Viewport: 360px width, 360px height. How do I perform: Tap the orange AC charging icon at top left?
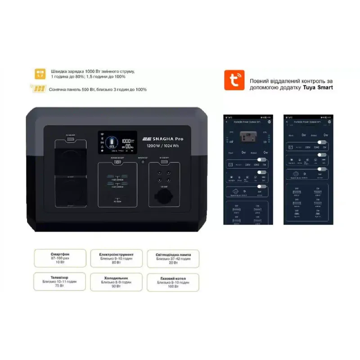[x=40, y=74]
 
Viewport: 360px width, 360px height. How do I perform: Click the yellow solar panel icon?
[x=38, y=89]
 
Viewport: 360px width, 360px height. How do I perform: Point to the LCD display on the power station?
[x=118, y=141]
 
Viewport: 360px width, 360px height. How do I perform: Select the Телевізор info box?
[x=60, y=281]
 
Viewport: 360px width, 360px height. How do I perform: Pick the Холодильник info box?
[x=117, y=282]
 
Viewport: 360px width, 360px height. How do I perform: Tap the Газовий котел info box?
[x=173, y=282]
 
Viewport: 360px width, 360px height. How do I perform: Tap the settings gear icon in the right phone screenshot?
[x=329, y=122]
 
